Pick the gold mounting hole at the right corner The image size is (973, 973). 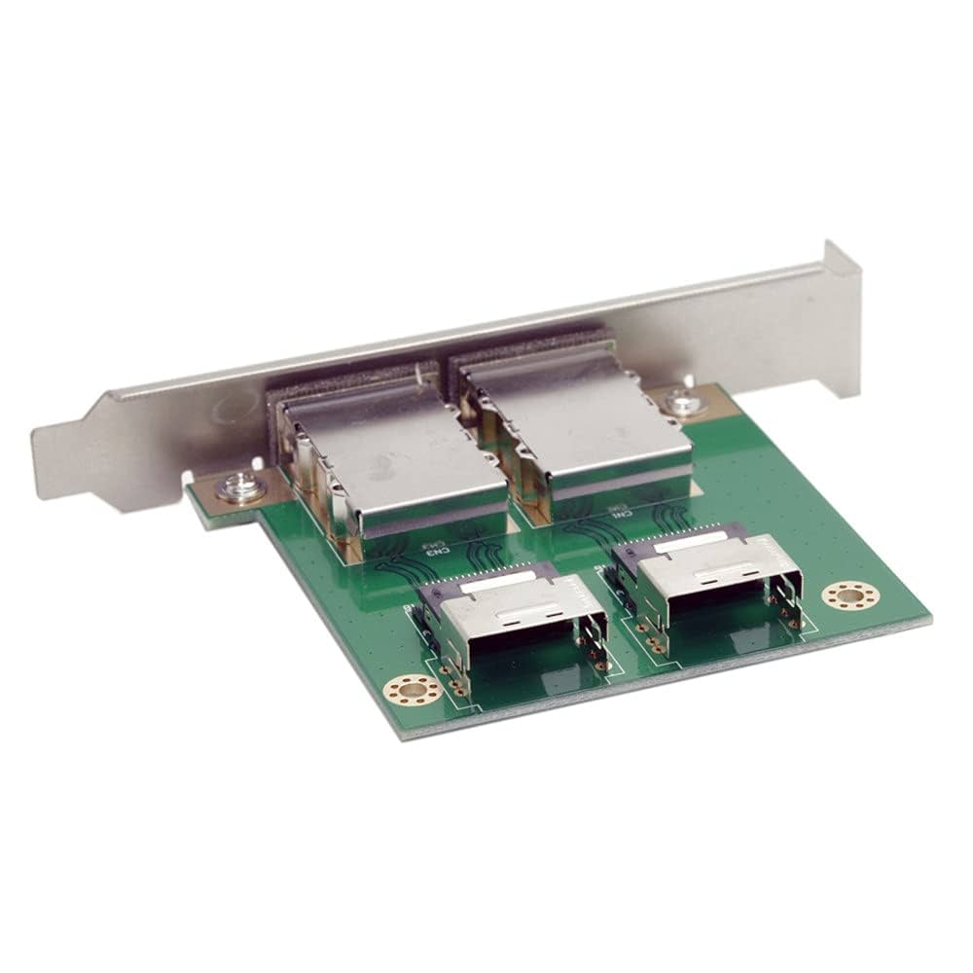point(851,596)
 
